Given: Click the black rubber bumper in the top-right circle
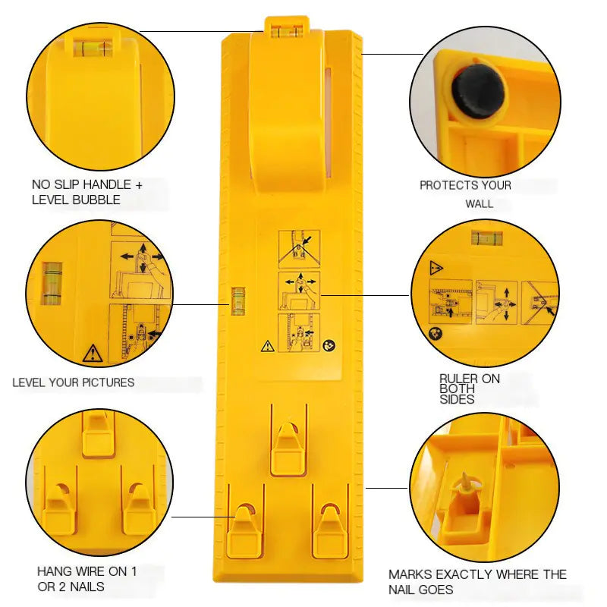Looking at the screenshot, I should pos(478,91).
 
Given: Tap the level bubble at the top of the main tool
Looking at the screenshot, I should pos(288,31).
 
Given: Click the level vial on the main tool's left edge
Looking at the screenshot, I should pos(238,300).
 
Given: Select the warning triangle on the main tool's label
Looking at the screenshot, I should pos(267,346).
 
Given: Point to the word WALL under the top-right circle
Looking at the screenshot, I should pos(480,203).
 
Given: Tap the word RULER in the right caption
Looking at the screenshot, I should pos(459,379).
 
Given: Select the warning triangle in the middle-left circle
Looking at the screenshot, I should pos(93,353).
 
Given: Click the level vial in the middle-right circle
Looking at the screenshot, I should pos(486,237).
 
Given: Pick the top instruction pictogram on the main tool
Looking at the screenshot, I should pos(299,248).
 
